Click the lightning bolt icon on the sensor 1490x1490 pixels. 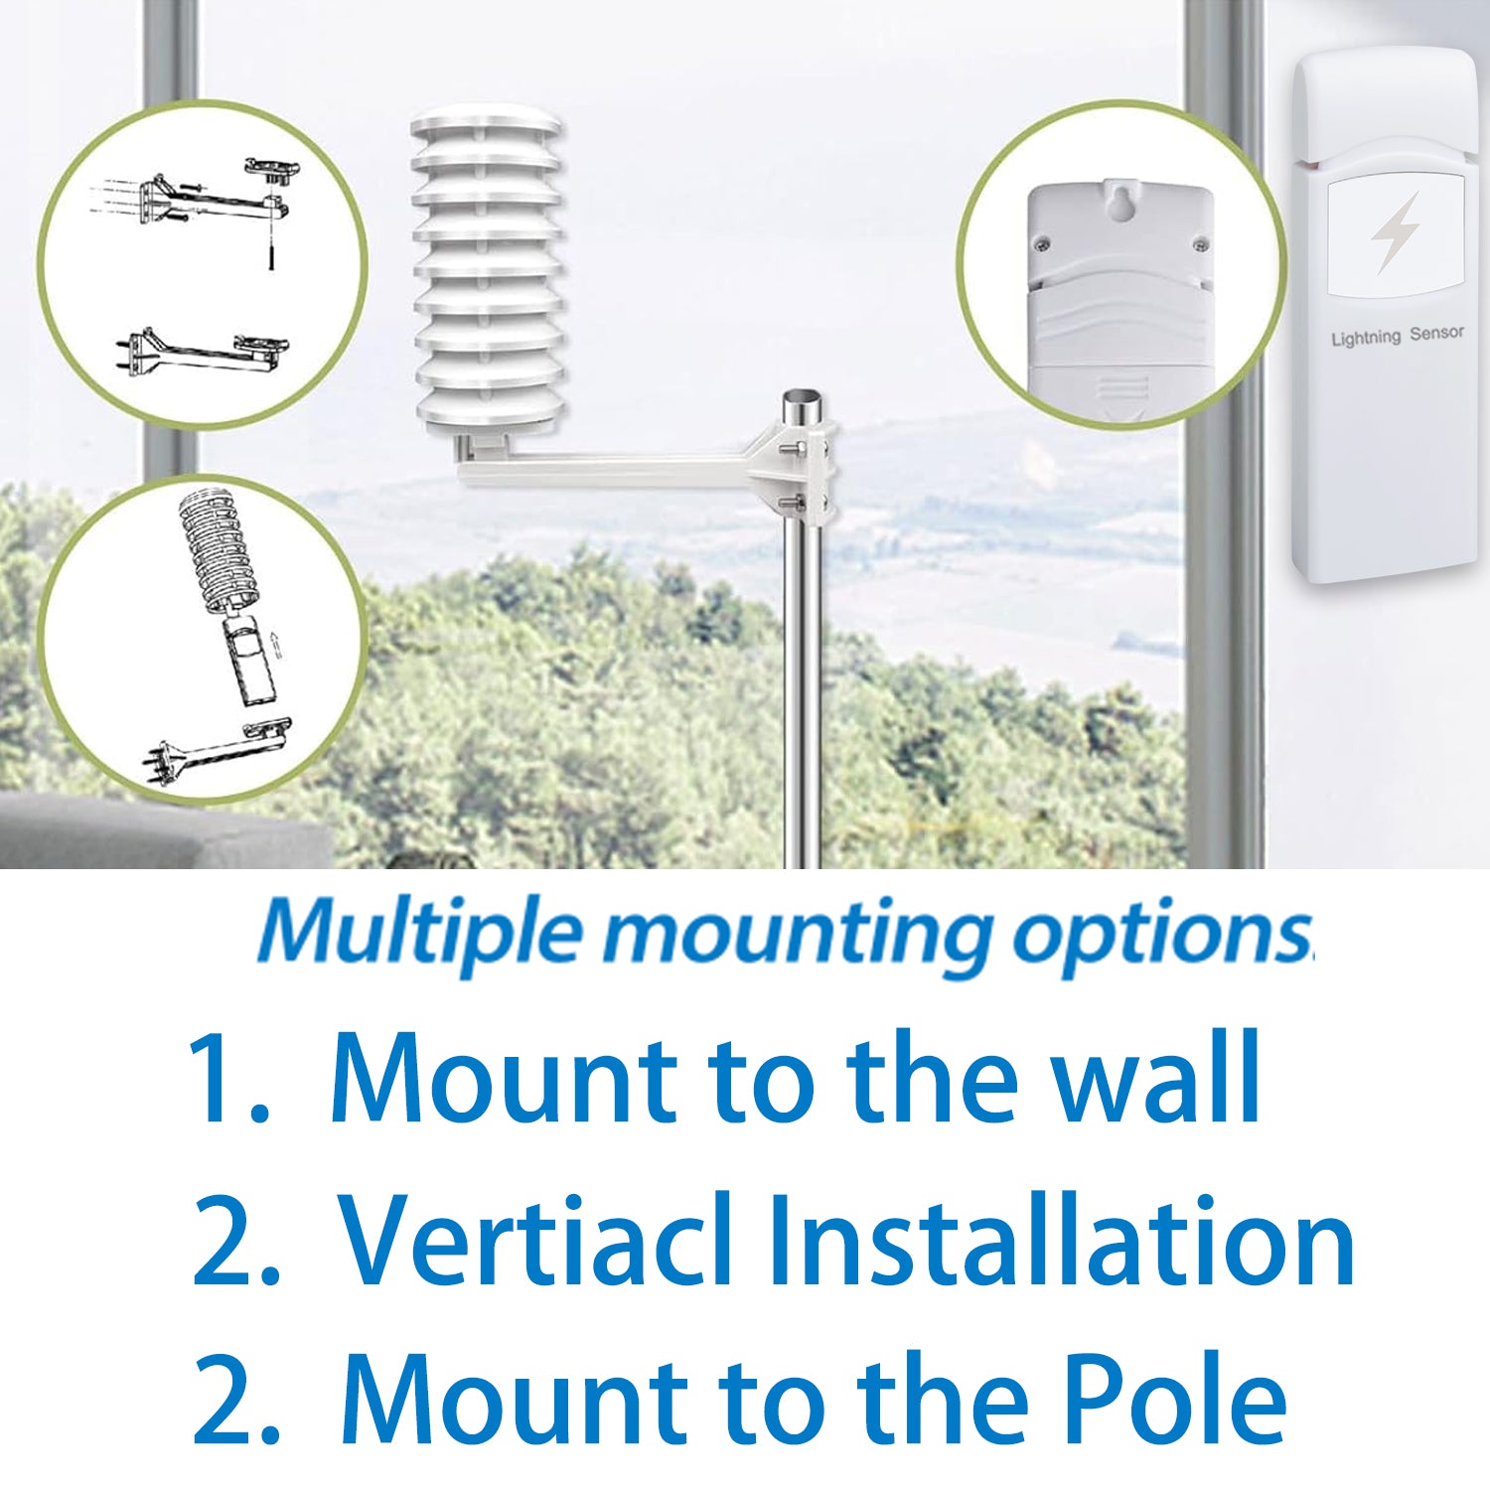pos(1395,233)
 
